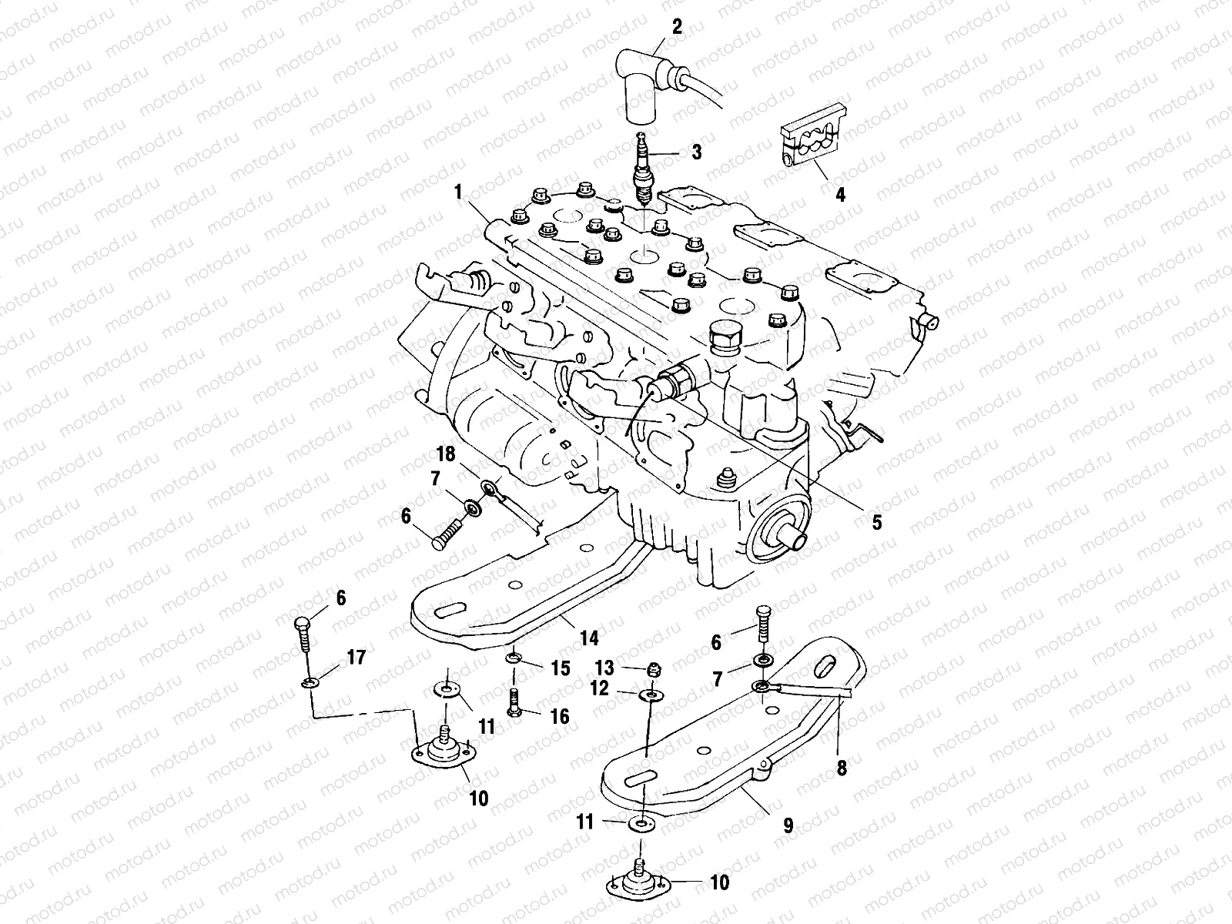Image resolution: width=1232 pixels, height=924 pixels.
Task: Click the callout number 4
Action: pos(840,195)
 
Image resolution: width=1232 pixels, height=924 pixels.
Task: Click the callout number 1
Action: pos(458,192)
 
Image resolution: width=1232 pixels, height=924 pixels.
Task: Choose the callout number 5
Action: pos(876,522)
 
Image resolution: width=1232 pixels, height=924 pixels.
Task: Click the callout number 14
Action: pos(589,638)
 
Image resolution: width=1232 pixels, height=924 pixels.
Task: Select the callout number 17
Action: pos(356,658)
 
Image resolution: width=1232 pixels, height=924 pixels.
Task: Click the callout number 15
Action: pos(561,668)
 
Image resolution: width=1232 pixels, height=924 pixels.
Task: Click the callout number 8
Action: pos(842,767)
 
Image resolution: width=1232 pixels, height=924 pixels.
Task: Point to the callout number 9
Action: pos(788,826)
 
